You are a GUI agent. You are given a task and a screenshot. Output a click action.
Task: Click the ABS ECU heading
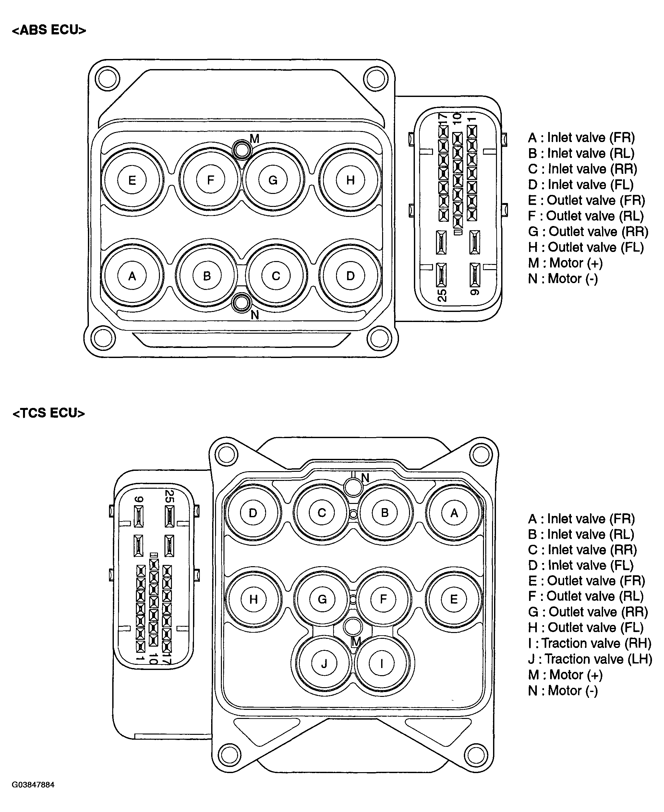coord(49,30)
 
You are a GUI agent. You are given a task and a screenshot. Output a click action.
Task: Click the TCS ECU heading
coord(49,413)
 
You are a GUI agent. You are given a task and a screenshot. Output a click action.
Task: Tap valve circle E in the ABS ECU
coord(132,180)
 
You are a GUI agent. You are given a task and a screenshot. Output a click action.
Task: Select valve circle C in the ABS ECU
coord(276,276)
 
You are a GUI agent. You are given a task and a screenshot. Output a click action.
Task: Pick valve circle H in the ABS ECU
coord(350,180)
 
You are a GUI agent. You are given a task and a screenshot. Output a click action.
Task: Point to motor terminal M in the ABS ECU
coord(242,150)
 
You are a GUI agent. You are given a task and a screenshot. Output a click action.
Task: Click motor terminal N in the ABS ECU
coord(241,303)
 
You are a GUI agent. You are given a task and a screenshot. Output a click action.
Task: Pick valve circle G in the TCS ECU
coord(322,599)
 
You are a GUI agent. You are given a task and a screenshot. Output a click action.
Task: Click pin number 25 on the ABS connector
coord(442,295)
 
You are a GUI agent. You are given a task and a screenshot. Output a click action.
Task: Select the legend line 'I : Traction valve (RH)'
coord(589,643)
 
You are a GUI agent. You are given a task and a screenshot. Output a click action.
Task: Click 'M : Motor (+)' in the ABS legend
coord(565,263)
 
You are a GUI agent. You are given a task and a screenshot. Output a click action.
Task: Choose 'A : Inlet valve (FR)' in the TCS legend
coord(581,519)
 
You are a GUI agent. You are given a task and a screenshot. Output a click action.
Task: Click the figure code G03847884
coord(33,785)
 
